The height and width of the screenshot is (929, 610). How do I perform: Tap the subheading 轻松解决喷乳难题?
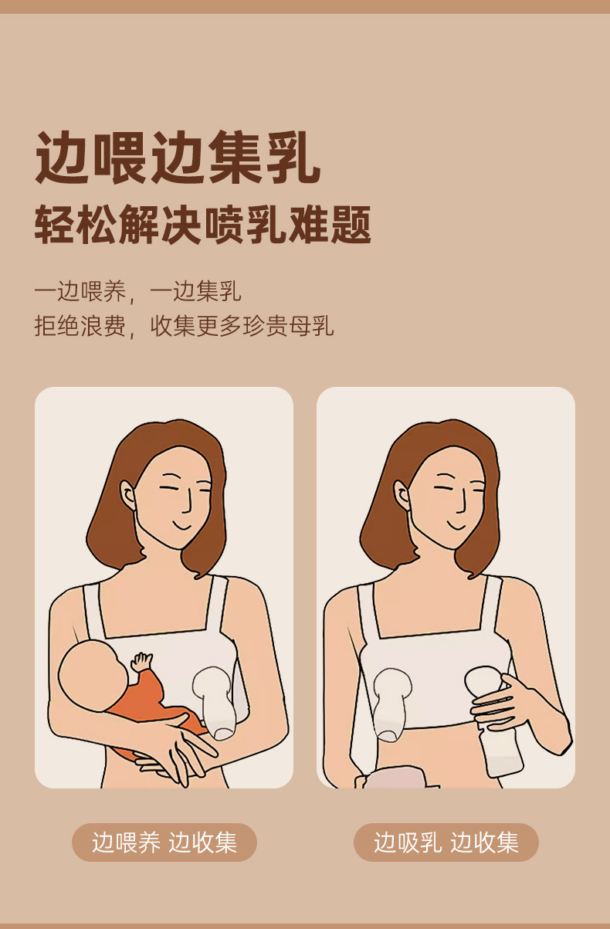202,225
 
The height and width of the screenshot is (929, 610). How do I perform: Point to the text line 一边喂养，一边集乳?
137,292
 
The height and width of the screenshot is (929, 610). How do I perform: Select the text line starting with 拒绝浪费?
184,325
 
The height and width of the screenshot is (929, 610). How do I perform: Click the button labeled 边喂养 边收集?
164,842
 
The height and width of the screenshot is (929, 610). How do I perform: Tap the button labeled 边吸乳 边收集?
446,842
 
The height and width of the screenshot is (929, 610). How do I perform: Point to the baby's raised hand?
141,663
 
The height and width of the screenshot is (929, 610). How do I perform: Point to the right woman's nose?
462,506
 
